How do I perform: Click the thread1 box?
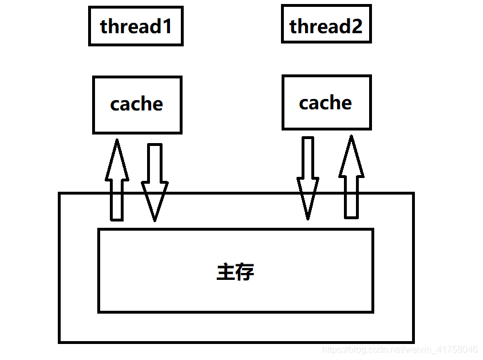pyautogui.click(x=136, y=26)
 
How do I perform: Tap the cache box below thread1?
pyautogui.click(x=137, y=105)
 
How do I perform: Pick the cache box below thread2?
pyautogui.click(x=326, y=103)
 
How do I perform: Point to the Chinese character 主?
pyautogui.click(x=225, y=271)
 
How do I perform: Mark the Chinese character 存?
pyautogui.click(x=244, y=271)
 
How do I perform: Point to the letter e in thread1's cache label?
pyautogui.click(x=156, y=105)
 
